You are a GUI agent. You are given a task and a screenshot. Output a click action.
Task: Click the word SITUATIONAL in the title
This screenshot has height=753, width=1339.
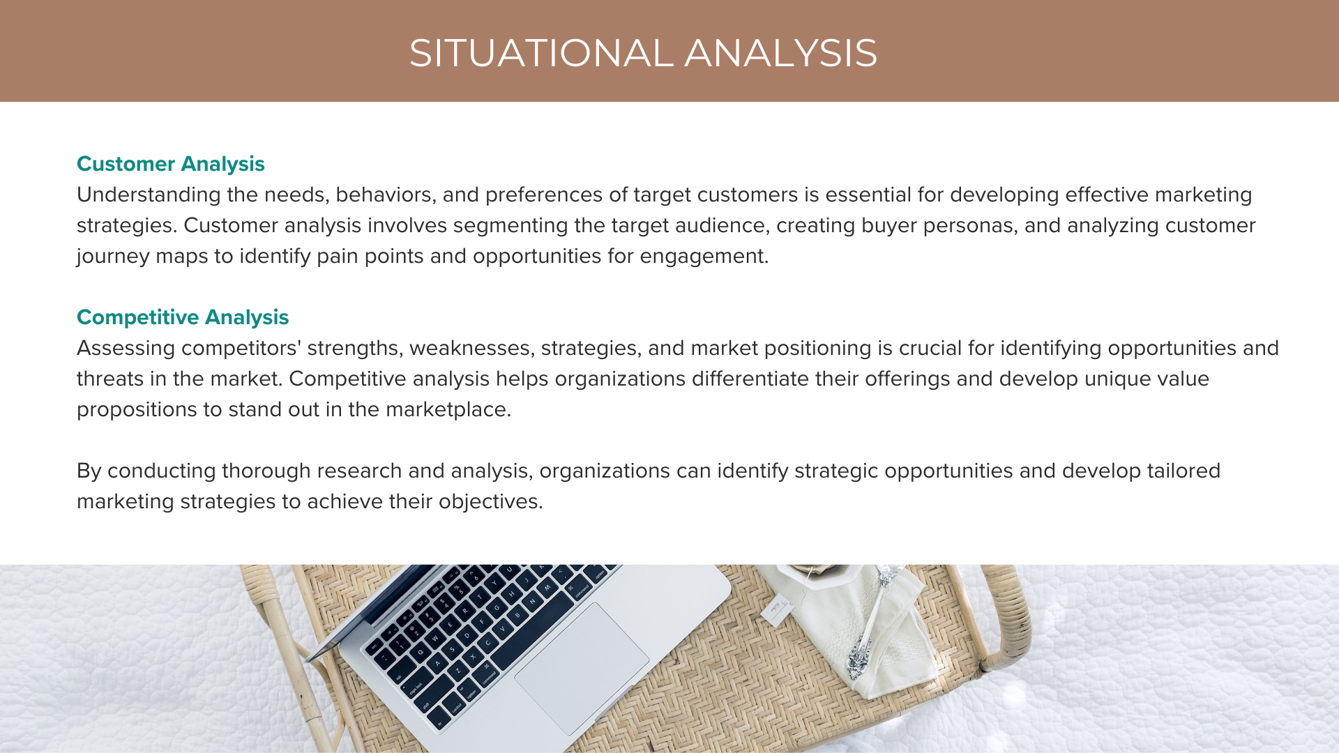[x=540, y=53]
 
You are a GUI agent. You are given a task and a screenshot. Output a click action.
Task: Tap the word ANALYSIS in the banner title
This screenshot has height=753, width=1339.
[x=780, y=53]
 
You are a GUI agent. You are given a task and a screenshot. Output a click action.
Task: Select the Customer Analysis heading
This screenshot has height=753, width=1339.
[x=170, y=164]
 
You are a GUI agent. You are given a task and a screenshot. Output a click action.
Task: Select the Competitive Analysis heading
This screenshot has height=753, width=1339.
[x=182, y=317]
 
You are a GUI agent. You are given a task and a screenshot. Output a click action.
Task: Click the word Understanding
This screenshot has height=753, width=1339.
[x=149, y=195]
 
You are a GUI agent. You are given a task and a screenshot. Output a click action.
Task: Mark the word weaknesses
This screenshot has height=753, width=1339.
[x=471, y=348]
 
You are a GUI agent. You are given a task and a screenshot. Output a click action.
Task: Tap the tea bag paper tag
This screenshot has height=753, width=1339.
[x=776, y=611]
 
